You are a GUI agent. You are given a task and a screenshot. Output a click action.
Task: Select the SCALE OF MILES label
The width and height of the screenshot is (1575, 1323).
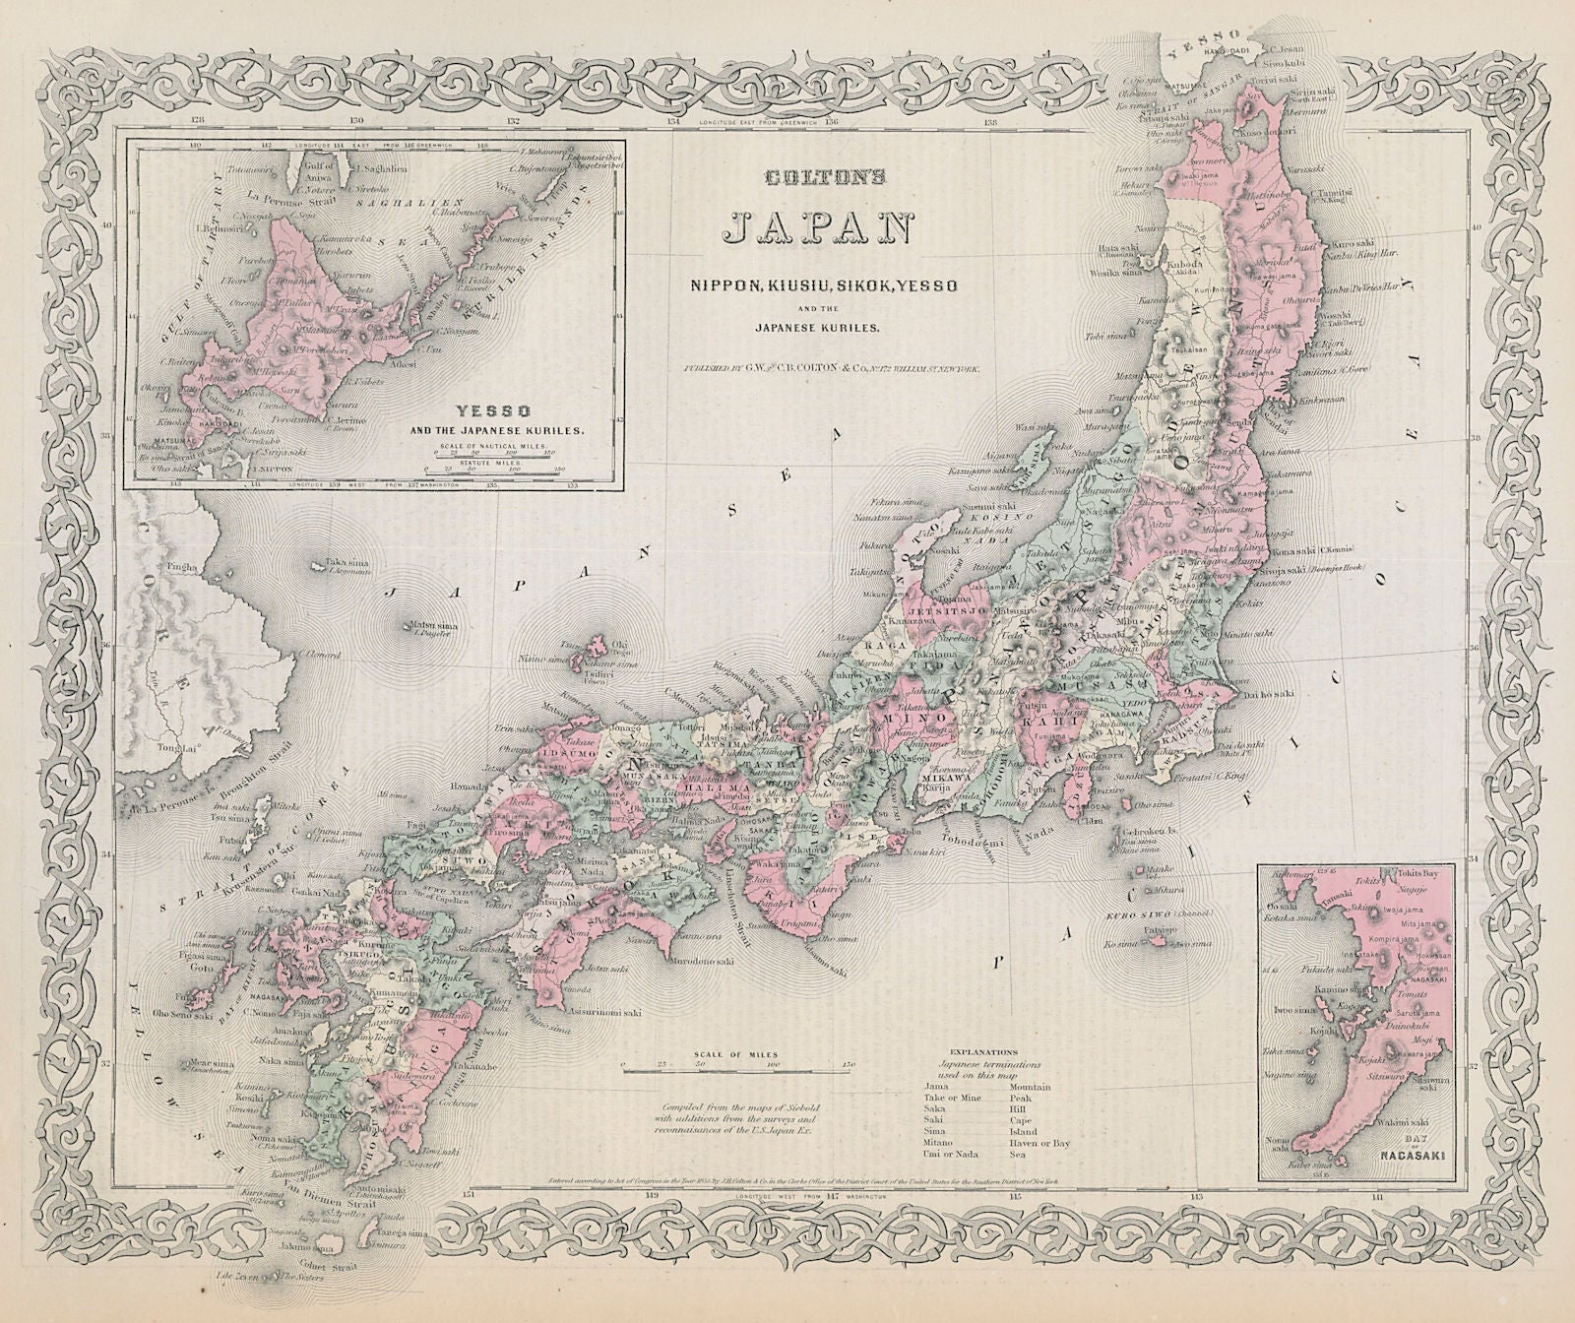coord(733,1052)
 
